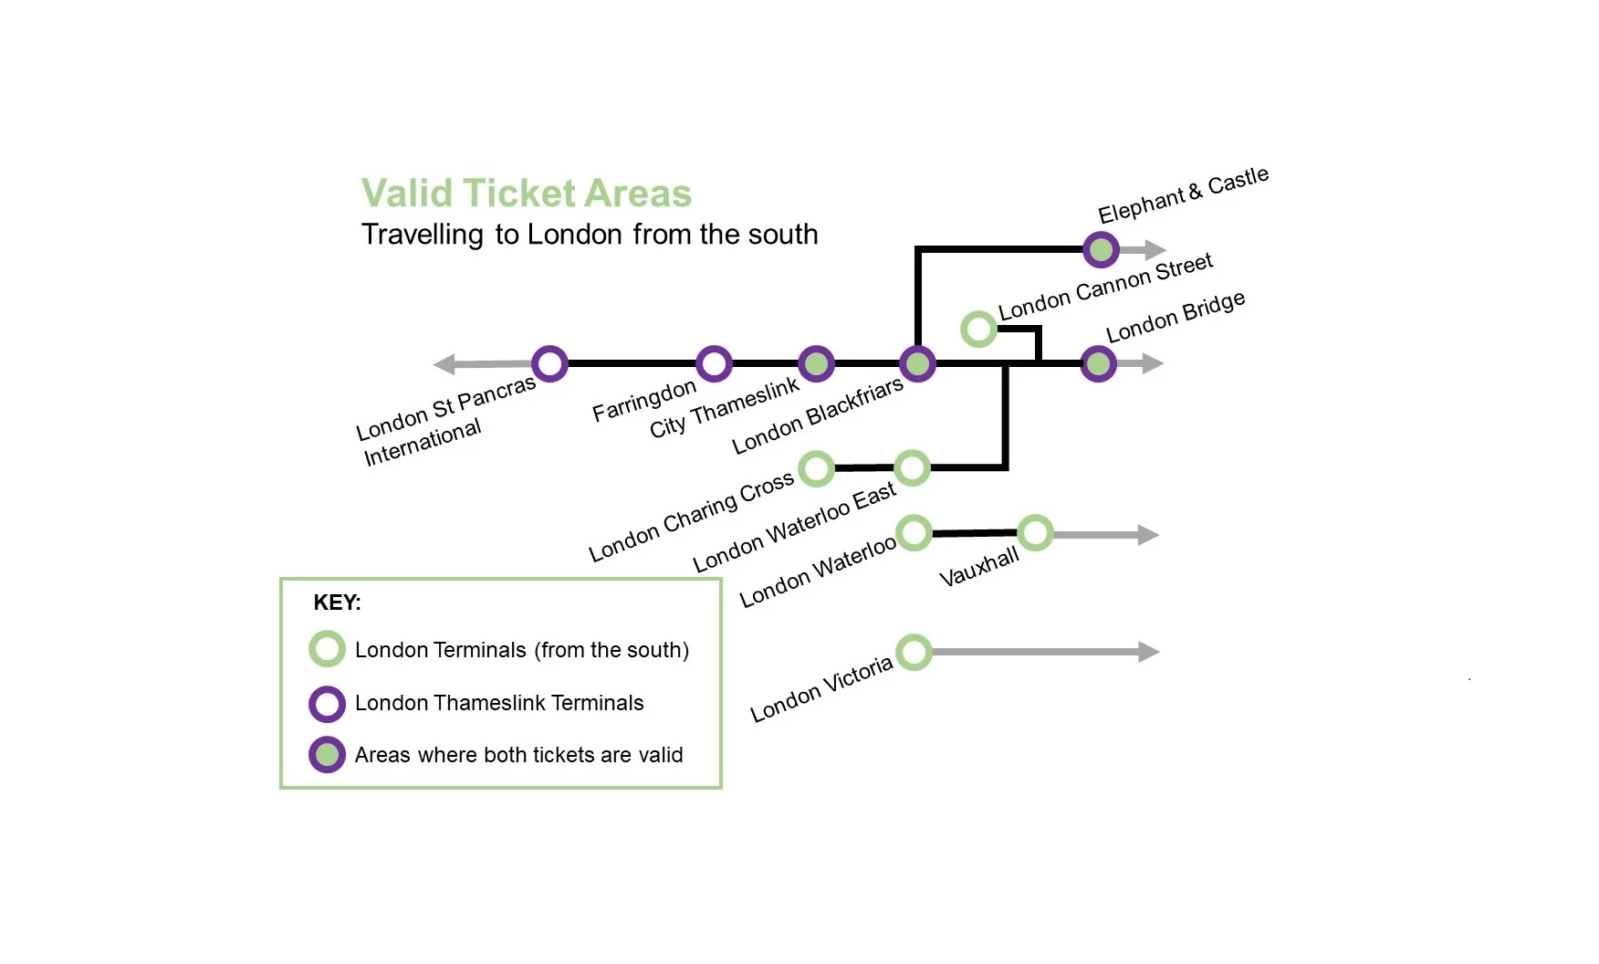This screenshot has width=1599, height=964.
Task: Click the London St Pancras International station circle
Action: (549, 363)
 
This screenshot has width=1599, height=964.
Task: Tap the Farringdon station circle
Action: (714, 363)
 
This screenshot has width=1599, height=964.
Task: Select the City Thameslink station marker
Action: (816, 363)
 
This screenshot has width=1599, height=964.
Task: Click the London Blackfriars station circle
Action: (917, 363)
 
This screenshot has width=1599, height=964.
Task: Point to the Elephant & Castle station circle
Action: (1101, 249)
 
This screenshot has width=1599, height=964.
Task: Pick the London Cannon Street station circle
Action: (978, 329)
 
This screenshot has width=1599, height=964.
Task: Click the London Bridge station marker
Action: (1098, 364)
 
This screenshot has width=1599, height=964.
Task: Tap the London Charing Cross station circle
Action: (816, 468)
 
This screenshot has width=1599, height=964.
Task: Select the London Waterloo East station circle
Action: (912, 468)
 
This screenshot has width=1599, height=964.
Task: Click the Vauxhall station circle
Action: (1035, 532)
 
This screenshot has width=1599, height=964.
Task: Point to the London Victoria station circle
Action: (914, 652)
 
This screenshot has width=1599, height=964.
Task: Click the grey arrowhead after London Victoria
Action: (1149, 652)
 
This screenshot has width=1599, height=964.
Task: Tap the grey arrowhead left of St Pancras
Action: (444, 364)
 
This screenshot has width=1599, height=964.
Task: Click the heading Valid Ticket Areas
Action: (527, 194)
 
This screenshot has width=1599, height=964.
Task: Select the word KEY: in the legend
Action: (337, 602)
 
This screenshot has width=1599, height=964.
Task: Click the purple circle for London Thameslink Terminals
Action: (327, 704)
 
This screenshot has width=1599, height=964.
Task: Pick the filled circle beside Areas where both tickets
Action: (327, 755)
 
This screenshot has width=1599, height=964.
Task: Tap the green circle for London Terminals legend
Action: (327, 649)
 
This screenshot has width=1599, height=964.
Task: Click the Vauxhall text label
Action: (978, 568)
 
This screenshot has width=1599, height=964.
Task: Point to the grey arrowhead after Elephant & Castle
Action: (1155, 249)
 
